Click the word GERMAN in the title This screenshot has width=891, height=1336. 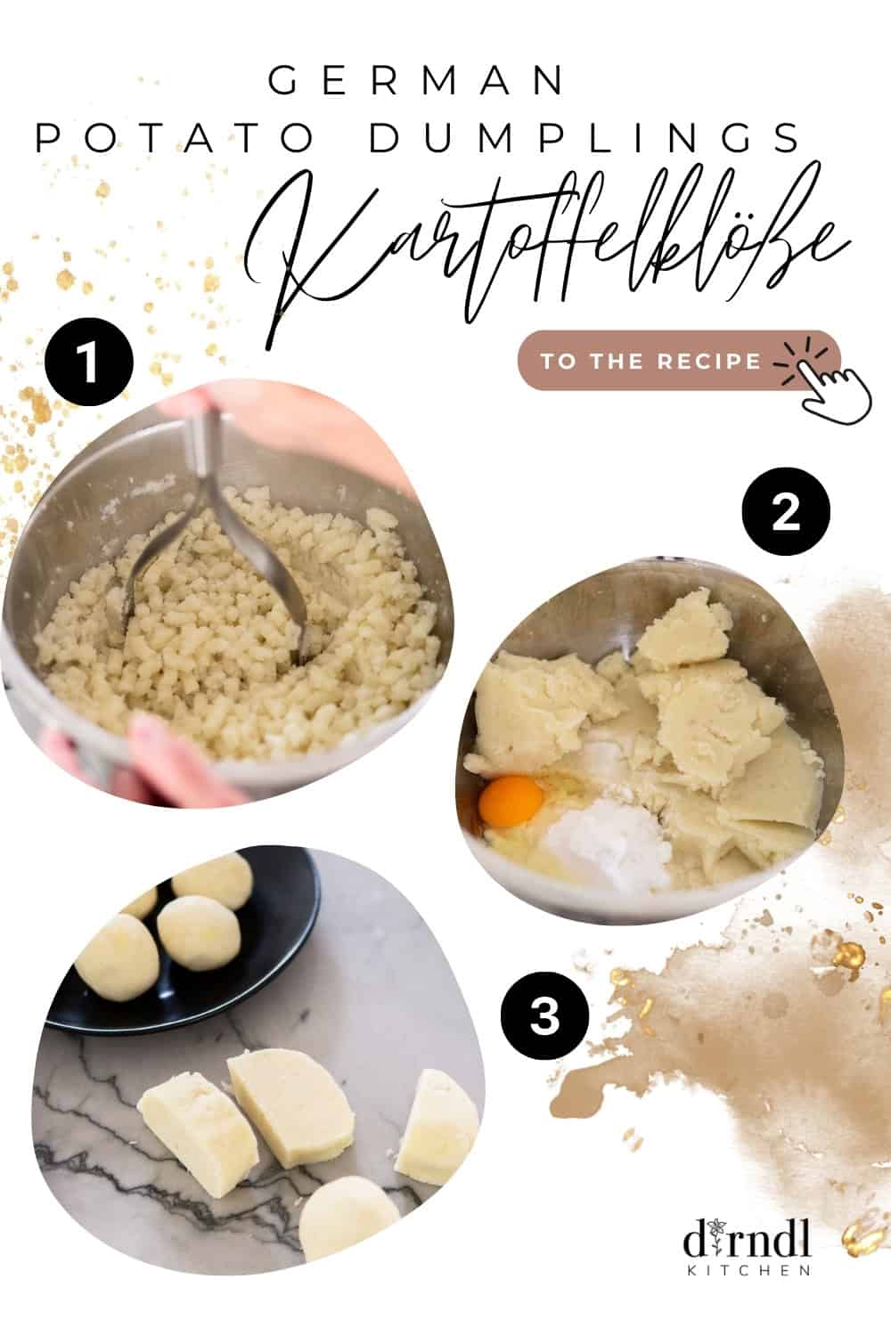point(417,81)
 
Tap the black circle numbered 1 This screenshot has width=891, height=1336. point(88,364)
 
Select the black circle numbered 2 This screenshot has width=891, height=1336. point(785,512)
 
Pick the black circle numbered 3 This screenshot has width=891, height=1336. point(544,1015)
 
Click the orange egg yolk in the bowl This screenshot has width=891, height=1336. point(511,799)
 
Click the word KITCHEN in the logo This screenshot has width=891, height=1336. point(748,1270)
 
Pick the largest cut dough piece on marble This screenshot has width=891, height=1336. point(281,1104)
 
